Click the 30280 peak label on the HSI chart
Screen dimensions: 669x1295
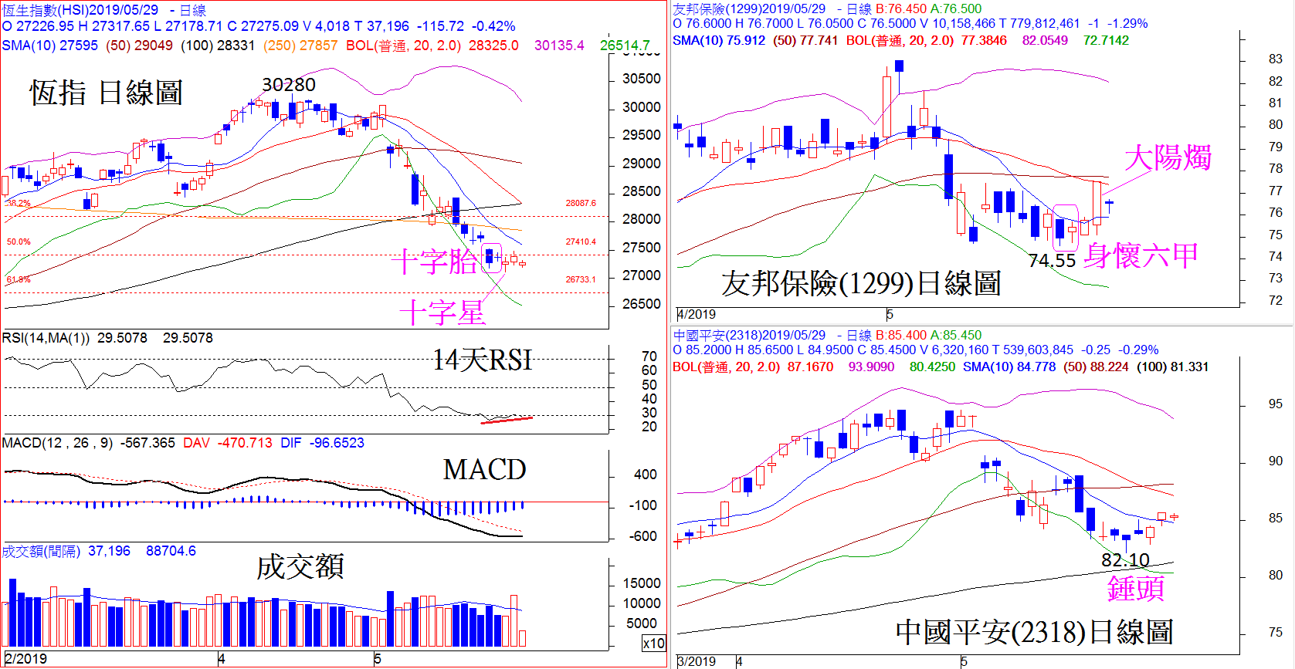[x=288, y=85]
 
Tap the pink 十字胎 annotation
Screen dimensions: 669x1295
[x=434, y=262]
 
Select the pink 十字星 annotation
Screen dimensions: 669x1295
[x=442, y=313]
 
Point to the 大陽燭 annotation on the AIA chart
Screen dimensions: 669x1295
[x=1167, y=158]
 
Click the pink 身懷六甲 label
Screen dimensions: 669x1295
[x=1141, y=255]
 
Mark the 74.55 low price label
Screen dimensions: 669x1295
[x=1052, y=261]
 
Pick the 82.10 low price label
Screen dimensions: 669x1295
[x=1125, y=559]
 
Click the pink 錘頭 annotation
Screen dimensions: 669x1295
[x=1135, y=588]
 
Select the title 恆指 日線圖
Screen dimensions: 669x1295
[x=106, y=93]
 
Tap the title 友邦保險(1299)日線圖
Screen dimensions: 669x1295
[x=860, y=283]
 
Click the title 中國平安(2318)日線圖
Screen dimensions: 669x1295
[x=1033, y=632]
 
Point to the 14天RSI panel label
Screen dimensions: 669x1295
[x=482, y=360]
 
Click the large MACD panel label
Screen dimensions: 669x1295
[x=484, y=469]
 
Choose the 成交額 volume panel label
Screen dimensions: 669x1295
[x=300, y=566]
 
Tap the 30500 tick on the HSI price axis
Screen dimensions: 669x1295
[x=641, y=79]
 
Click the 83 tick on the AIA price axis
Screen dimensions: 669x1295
[x=1275, y=59]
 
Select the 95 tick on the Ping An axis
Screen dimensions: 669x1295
[x=1275, y=404]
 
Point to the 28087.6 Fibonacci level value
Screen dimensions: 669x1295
[x=581, y=204]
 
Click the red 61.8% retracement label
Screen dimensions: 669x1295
[x=18, y=279]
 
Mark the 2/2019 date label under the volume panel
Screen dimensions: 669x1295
[x=25, y=658]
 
